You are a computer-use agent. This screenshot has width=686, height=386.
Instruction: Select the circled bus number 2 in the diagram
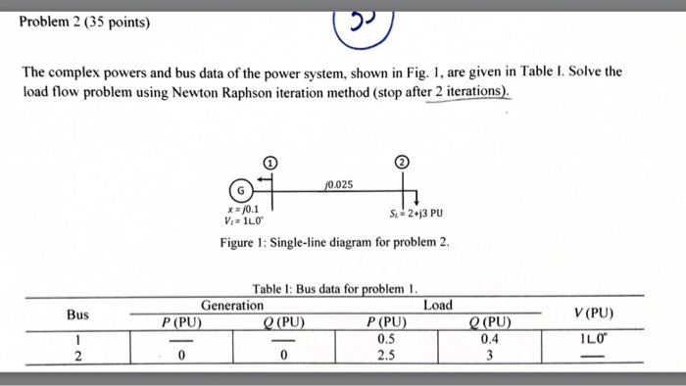400,163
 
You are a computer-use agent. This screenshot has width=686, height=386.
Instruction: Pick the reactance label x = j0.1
243,208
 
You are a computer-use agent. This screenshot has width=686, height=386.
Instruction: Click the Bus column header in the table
77,314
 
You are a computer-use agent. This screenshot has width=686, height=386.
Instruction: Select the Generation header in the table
232,306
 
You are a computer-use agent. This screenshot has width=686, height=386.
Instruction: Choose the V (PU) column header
594,314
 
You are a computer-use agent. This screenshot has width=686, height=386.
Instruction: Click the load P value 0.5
386,339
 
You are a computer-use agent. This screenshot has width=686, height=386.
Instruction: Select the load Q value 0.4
489,339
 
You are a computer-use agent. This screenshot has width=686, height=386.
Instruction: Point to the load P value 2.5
386,356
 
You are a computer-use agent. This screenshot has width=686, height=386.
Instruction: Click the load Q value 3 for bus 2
489,356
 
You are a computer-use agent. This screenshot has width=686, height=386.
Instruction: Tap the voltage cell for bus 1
594,339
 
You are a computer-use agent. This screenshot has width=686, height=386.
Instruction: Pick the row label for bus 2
77,356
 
